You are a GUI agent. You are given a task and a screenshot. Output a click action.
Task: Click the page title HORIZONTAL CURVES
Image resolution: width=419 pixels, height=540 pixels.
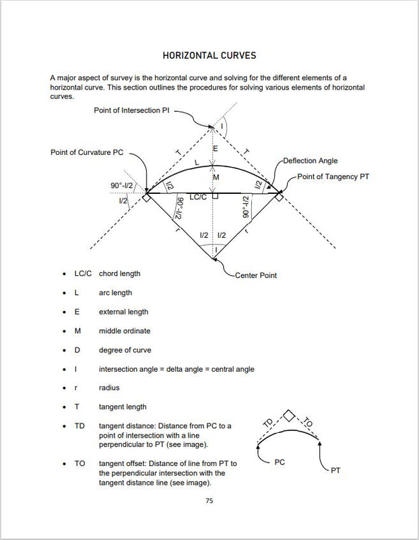coord(209,55)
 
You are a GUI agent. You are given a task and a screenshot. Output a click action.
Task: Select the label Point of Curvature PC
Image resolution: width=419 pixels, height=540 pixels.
coord(87,152)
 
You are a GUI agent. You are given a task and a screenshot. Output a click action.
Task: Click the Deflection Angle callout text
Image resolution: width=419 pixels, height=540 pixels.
coord(310,161)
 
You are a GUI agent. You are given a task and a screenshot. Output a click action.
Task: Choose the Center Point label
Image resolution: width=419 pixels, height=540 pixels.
coord(255,275)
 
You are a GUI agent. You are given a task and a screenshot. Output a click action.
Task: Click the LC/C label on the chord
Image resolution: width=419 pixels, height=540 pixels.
coord(198,197)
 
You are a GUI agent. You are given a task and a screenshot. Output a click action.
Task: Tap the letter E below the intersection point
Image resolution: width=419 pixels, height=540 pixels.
coord(215,148)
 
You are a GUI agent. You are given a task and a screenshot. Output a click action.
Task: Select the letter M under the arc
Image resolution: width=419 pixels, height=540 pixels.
coord(216,177)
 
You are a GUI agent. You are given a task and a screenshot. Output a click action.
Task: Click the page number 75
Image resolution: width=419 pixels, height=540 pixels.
coord(209,500)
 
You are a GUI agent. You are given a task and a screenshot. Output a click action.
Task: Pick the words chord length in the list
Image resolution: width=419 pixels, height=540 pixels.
coord(119,274)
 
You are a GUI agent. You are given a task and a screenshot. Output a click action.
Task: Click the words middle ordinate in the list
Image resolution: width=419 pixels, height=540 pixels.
coord(125,331)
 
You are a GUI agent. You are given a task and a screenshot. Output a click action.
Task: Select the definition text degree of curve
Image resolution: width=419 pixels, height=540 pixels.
coord(125,350)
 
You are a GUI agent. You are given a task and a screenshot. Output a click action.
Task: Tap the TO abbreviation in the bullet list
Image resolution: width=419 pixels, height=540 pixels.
coord(79,464)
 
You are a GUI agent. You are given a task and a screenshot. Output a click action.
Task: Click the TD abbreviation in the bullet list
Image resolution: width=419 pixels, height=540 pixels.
coord(79,426)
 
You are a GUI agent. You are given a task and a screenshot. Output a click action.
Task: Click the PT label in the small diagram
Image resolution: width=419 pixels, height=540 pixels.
coord(335,471)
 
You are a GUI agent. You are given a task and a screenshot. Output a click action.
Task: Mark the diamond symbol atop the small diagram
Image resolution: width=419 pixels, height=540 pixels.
coord(288,415)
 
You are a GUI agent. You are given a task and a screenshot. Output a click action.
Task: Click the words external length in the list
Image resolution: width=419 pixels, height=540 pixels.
coord(123,312)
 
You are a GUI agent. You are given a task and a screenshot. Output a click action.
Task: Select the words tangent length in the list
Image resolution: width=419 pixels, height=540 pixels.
coord(123,407)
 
